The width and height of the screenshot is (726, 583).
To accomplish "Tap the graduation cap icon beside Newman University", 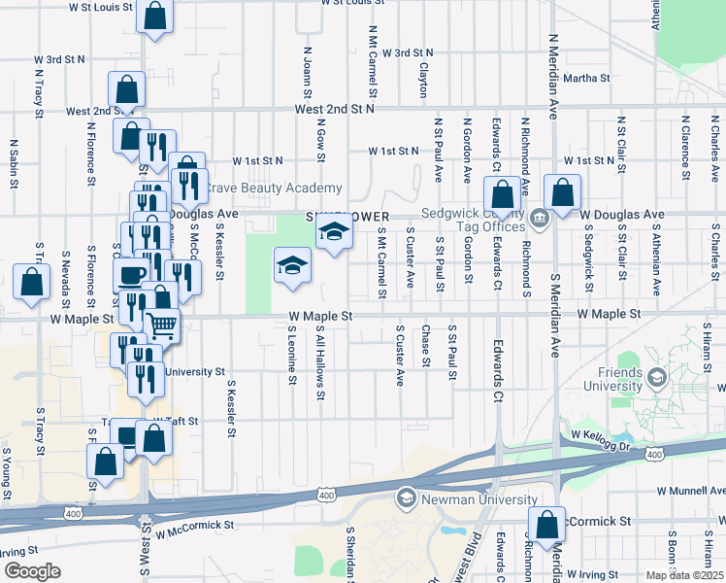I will click(405, 498).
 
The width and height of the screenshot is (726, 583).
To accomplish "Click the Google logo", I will click(32, 571).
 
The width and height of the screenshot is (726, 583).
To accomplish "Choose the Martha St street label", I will click(585, 78).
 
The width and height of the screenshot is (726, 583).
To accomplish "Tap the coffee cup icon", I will click(130, 273).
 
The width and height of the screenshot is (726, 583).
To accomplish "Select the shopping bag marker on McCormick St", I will click(547, 523).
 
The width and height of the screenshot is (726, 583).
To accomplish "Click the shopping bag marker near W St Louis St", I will click(154, 16).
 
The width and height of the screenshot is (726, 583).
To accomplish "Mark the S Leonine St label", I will click(291, 354).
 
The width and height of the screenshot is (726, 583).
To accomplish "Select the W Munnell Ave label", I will click(690, 494).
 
